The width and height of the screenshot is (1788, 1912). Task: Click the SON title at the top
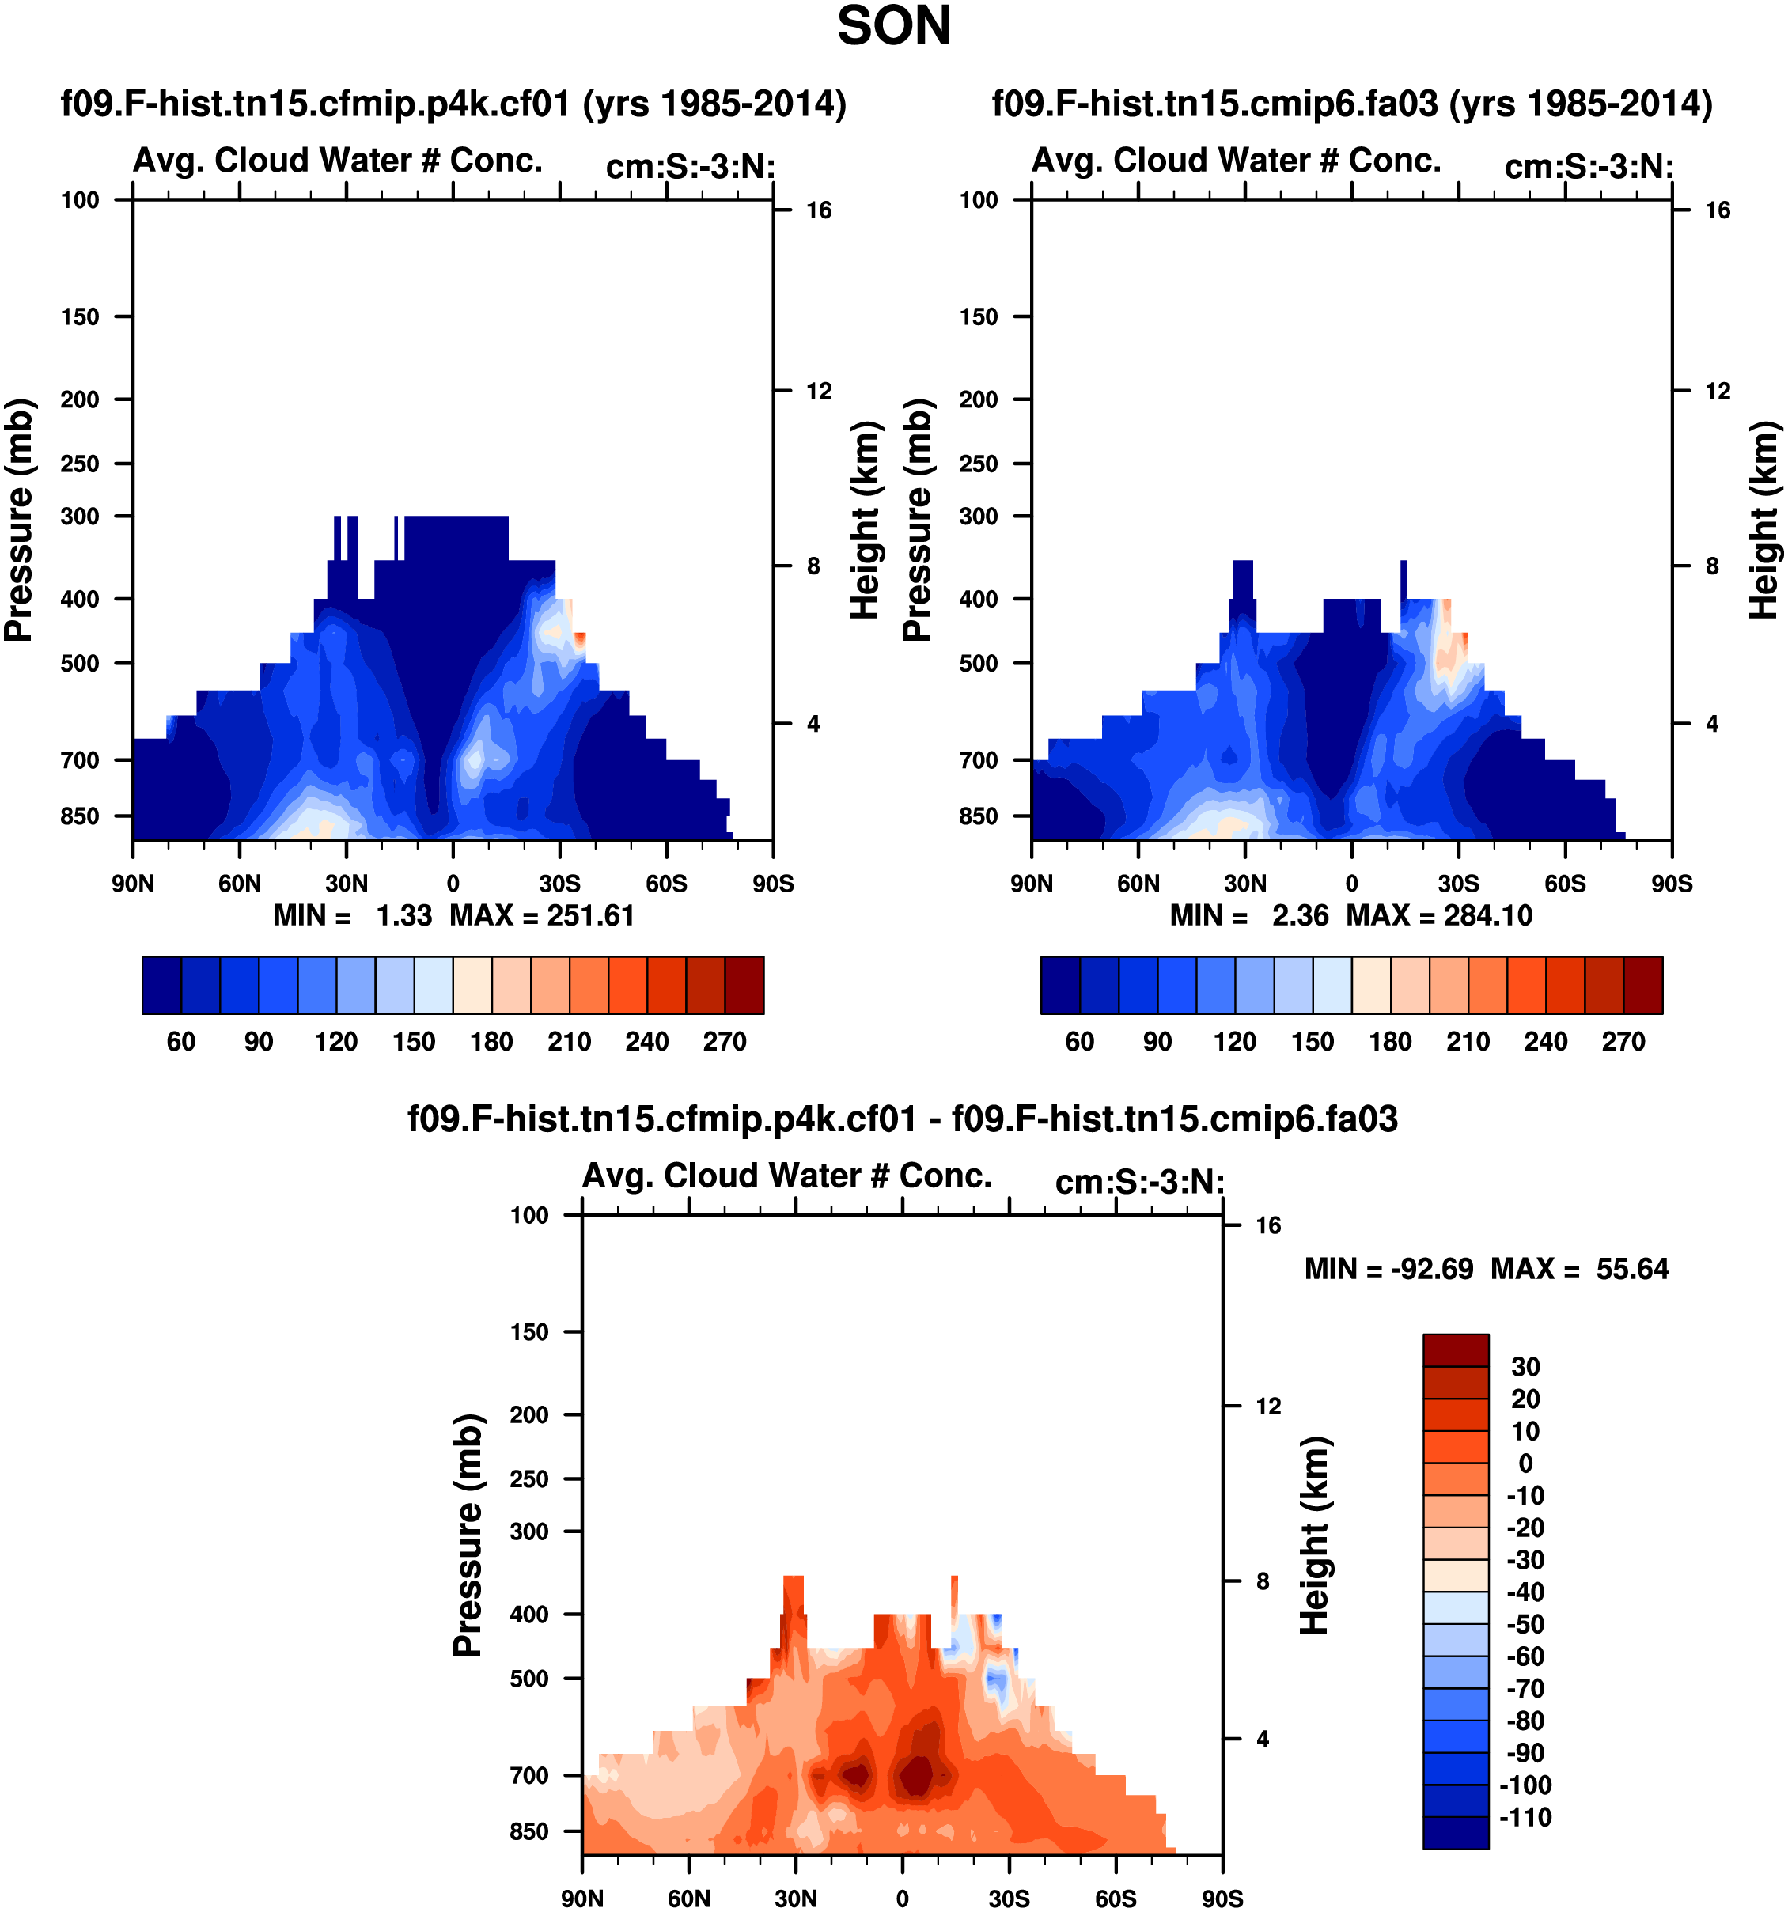pyautogui.click(x=893, y=27)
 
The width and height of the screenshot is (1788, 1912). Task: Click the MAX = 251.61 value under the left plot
pyautogui.click(x=543, y=914)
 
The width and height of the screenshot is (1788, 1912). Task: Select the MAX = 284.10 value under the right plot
pyautogui.click(x=1439, y=914)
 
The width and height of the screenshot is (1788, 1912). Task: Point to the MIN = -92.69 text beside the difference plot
pyautogui.click(x=1388, y=1269)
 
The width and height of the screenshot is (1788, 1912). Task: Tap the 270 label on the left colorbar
pyautogui.click(x=724, y=1042)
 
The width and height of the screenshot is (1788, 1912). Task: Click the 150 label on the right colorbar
pyautogui.click(x=1312, y=1042)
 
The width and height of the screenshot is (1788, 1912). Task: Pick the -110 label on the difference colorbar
pyautogui.click(x=1525, y=1817)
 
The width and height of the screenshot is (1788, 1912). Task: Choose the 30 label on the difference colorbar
pyautogui.click(x=1525, y=1367)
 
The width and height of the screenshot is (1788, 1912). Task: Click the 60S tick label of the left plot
pyautogui.click(x=666, y=884)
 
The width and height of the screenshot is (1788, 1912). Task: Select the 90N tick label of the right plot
pyautogui.click(x=1031, y=884)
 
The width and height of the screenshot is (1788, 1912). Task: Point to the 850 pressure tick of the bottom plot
pyautogui.click(x=529, y=1831)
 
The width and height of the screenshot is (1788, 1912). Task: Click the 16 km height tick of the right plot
pyautogui.click(x=1717, y=210)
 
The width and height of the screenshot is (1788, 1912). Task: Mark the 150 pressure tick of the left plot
pyautogui.click(x=80, y=316)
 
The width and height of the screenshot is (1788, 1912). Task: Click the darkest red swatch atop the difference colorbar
pyautogui.click(x=1455, y=1350)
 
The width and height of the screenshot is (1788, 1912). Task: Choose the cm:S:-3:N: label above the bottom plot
pyautogui.click(x=1140, y=1182)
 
